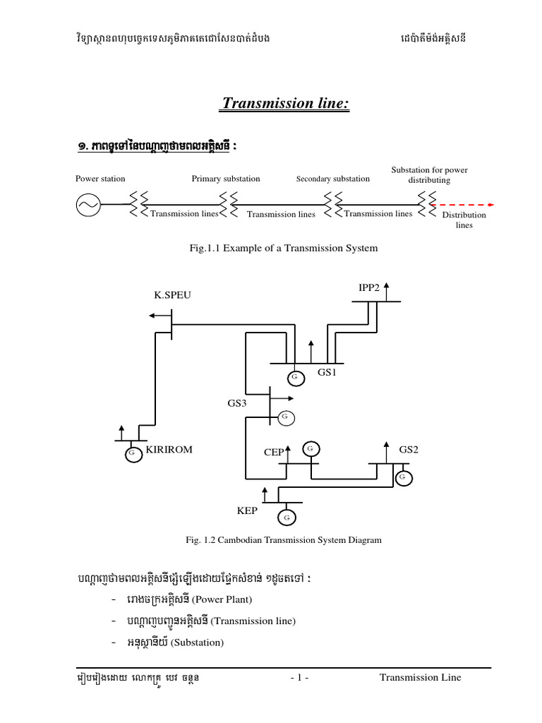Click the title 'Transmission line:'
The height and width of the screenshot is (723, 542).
coord(286,104)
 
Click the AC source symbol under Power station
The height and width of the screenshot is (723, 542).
coord(88,205)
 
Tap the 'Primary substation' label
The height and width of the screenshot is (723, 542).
coord(226,179)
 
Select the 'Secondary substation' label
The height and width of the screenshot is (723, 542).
coord(333,179)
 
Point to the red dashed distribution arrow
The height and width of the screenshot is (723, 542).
coord(462,205)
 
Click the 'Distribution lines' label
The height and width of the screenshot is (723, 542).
coord(464,220)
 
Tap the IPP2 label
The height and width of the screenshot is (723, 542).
coord(369,287)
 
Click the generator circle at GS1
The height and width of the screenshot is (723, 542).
coord(294,378)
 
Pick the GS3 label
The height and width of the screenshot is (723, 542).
coord(238,403)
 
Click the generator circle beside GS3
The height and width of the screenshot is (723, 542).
coord(285,417)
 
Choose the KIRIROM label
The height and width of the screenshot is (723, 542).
coord(169,449)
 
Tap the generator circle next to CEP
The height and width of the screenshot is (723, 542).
coord(311,448)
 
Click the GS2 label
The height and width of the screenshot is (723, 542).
coord(409,449)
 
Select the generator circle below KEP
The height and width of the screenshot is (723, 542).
coord(287,518)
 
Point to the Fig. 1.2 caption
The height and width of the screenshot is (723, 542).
coord(282,540)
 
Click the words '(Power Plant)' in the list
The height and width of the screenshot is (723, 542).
coord(222,599)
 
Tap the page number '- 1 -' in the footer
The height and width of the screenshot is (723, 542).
coord(300,677)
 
